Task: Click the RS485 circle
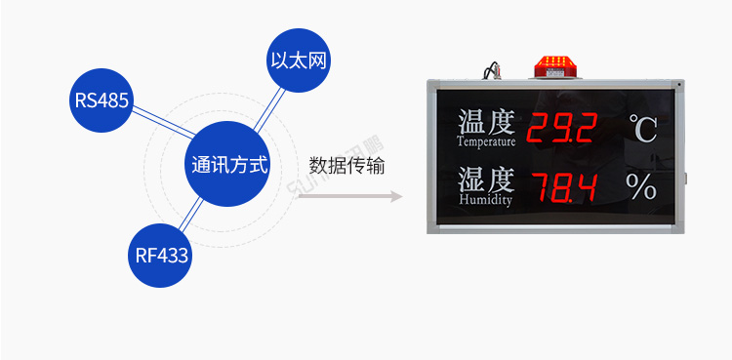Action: click(102, 100)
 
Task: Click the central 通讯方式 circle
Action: click(229, 165)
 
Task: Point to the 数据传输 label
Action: click(346, 166)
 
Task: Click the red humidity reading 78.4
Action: click(562, 185)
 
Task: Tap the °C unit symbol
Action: click(642, 129)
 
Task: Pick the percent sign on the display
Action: click(642, 186)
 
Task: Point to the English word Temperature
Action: click(486, 141)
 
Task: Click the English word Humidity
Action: click(485, 200)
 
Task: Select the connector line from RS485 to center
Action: click(162, 124)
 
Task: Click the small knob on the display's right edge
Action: click(687, 179)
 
